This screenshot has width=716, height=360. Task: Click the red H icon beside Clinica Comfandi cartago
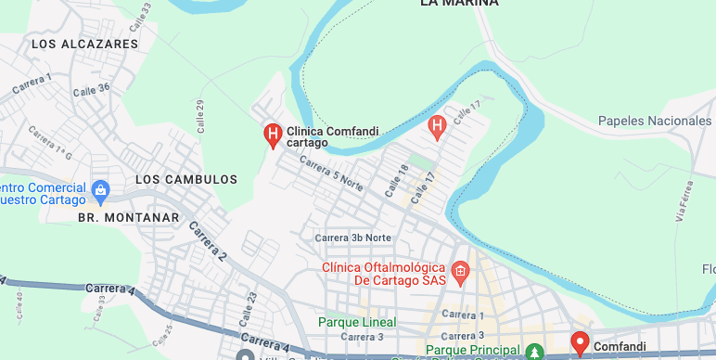tap(273, 135)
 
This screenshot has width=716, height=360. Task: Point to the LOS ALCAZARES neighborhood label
tap(84, 44)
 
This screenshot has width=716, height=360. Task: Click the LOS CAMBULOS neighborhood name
tap(186, 179)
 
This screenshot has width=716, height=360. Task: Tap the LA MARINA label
tap(459, 4)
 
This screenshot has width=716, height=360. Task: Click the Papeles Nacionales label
tap(654, 121)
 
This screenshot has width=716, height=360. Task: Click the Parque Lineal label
tap(357, 322)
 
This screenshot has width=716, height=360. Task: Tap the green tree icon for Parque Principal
tap(534, 352)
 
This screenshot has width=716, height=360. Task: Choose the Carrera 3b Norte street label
tap(352, 238)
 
